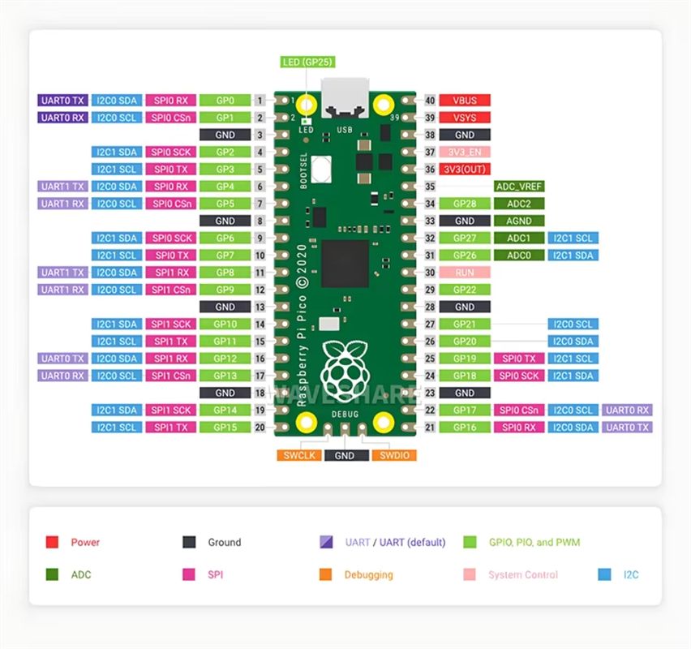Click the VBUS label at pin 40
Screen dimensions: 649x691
pos(465,101)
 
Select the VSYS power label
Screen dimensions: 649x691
pos(465,118)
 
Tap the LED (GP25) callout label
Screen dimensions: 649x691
pos(307,62)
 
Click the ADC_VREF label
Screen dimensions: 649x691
pos(518,187)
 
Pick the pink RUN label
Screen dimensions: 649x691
pos(465,273)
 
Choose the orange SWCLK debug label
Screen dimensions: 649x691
pos(299,455)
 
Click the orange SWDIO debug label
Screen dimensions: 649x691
pos(394,455)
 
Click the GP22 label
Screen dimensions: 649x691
pos(465,290)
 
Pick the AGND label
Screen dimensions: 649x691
pos(518,221)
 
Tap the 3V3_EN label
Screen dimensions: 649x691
pos(465,152)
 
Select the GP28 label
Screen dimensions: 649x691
pos(465,204)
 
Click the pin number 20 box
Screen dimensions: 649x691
pos(260,427)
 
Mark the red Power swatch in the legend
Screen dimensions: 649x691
pos(52,542)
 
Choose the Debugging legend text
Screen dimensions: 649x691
pos(368,574)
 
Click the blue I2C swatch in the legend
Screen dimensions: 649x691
pos(604,574)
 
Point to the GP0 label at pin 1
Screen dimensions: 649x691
pos(225,101)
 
